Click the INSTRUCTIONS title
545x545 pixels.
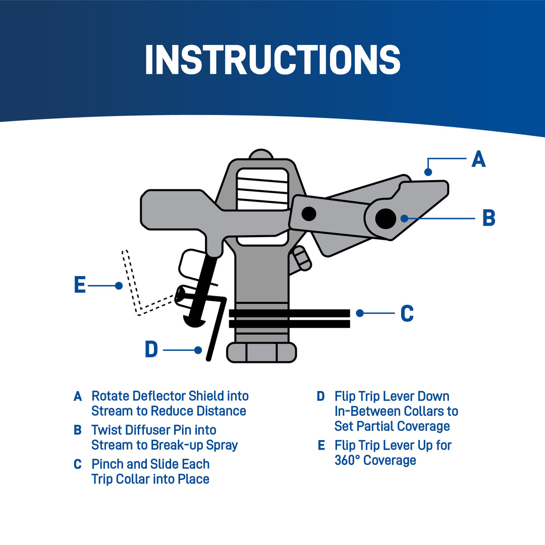[x=272, y=60]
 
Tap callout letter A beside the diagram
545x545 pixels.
[x=478, y=159]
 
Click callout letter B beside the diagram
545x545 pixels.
[x=488, y=219]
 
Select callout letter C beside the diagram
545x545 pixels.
[x=407, y=313]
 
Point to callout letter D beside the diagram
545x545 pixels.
[x=151, y=349]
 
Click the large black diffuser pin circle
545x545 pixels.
[x=386, y=218]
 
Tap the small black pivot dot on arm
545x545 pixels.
[x=309, y=213]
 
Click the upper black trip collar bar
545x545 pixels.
[x=290, y=313]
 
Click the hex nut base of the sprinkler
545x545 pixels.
[x=261, y=352]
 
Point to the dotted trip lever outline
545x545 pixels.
[x=132, y=283]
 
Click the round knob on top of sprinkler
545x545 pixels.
[x=261, y=154]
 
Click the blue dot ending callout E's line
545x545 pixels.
[x=119, y=286]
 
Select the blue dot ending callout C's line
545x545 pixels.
[x=360, y=313]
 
